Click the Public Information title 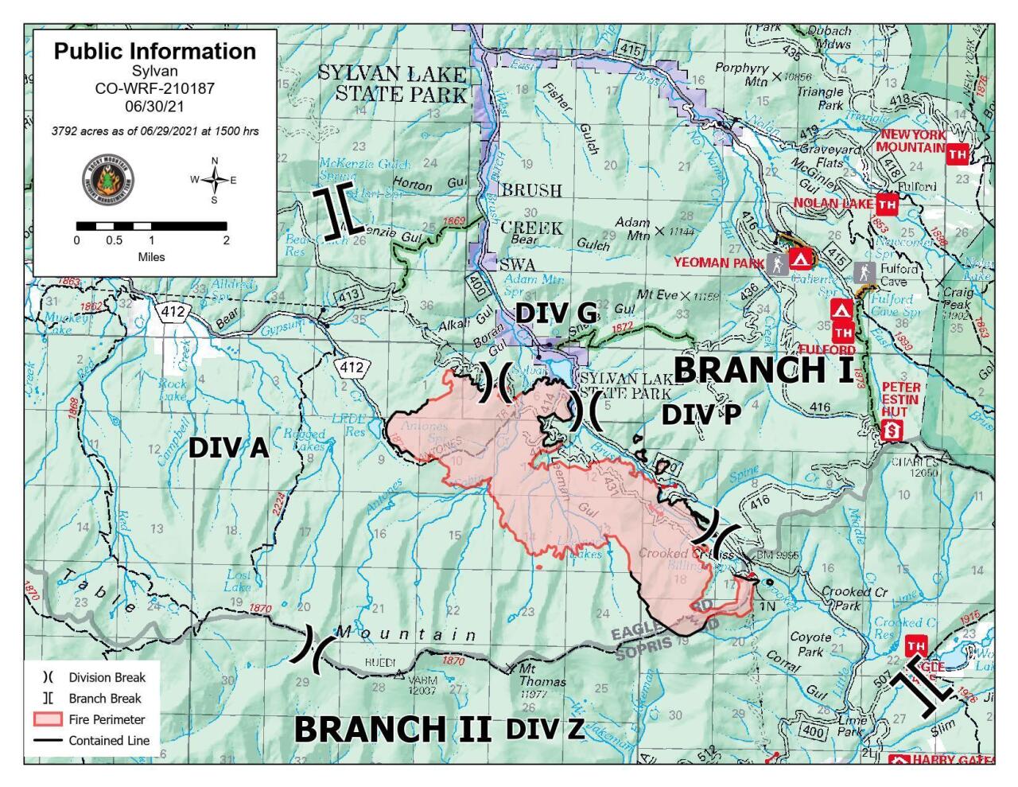click(155, 52)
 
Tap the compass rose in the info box click(214, 180)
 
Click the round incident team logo click(108, 180)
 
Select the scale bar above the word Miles click(151, 227)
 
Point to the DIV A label click(228, 450)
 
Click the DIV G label click(556, 314)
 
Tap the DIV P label click(701, 415)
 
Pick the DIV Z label click(545, 728)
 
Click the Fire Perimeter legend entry click(90, 719)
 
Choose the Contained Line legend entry click(90, 740)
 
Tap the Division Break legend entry click(90, 678)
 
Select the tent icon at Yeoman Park click(799, 260)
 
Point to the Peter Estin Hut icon click(893, 431)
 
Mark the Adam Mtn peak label click(634, 228)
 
